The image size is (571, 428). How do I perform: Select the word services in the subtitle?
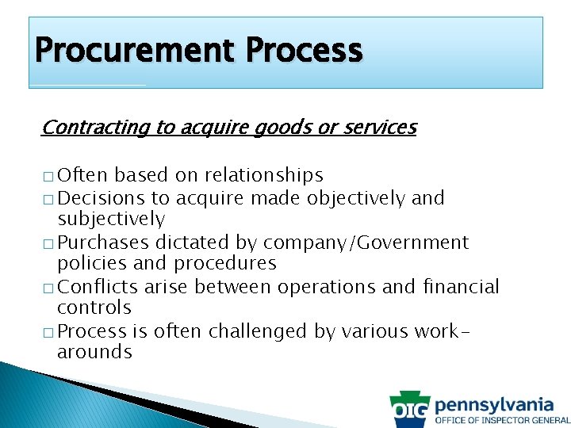(378, 127)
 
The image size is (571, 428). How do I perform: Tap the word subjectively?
(111, 219)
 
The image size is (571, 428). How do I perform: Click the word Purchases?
(103, 242)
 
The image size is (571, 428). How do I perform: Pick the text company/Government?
(366, 242)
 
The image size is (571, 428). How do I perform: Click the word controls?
(94, 308)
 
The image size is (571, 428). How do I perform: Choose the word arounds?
(94, 352)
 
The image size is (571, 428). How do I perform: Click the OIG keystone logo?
(410, 410)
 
